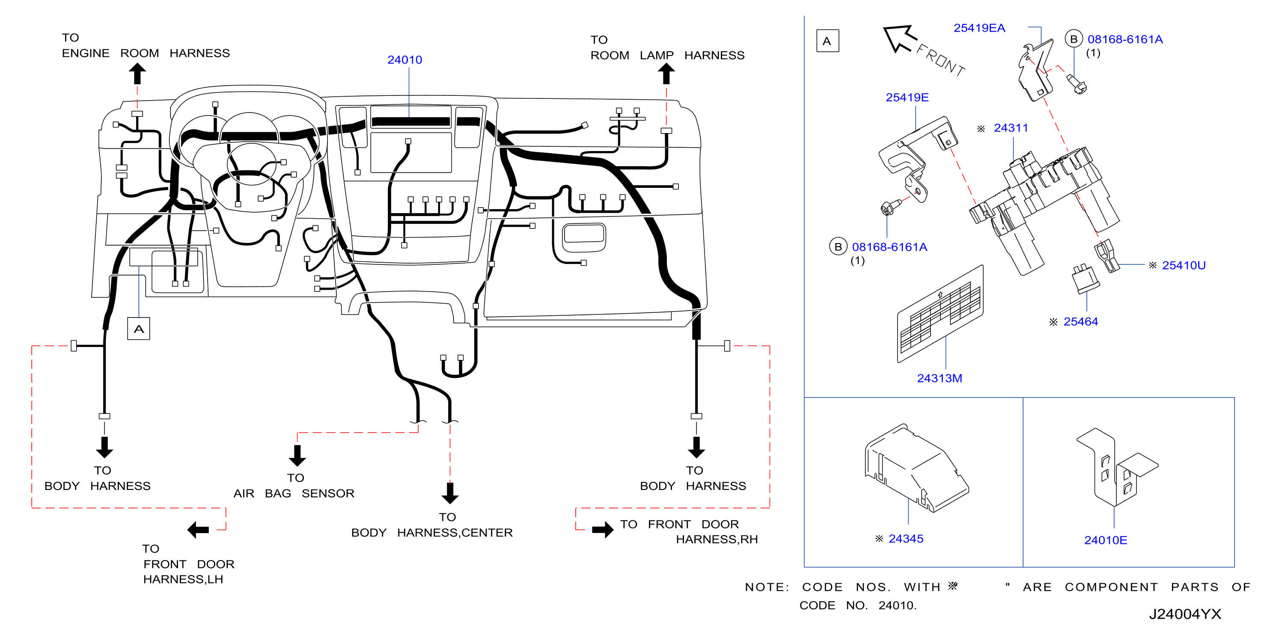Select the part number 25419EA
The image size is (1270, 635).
(979, 28)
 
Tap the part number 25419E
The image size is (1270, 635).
(907, 98)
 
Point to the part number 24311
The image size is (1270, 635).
(1011, 128)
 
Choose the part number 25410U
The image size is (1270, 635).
(1183, 265)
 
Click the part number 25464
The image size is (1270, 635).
(1080, 321)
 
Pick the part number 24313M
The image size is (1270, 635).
(939, 378)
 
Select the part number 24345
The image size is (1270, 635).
(906, 538)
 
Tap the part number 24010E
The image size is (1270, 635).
(1105, 540)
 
